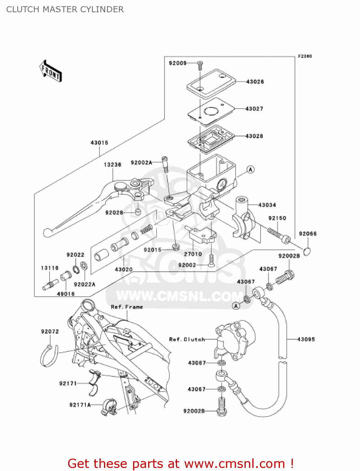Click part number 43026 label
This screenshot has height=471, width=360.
pos(255,82)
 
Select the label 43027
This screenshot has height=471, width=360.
pos(254,109)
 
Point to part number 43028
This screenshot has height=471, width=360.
pos(254,136)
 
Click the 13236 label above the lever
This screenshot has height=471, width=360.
pos(112,165)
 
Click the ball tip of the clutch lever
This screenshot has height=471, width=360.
pos(47,233)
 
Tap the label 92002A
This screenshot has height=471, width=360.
pos(141,163)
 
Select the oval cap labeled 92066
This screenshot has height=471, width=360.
pos(308,252)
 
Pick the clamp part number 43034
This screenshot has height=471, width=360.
pos(267,205)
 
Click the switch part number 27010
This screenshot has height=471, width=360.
pos(193,254)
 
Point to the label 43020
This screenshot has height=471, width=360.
pos(124,269)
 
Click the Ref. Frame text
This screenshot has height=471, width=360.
pos(127,307)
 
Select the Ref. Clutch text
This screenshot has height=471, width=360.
pos(187,339)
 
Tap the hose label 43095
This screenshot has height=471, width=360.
pos(306,339)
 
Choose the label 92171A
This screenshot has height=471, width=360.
pos(80,405)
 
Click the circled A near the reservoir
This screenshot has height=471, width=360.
pos(250,170)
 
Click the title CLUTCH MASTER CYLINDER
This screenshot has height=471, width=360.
pos(65,9)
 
